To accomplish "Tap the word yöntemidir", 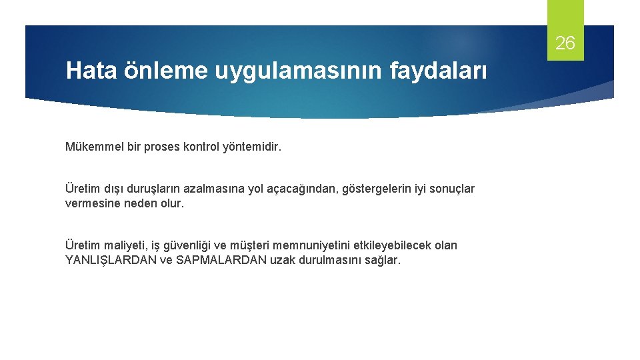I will pyautogui.click(x=253, y=146).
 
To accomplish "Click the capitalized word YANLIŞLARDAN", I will pyautogui.click(x=111, y=260).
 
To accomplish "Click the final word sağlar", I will pyautogui.click(x=383, y=260).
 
